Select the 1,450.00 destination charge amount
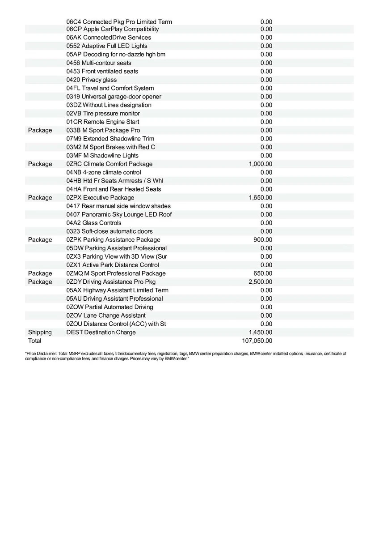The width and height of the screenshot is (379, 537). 260,332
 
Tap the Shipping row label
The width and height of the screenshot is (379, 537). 40,332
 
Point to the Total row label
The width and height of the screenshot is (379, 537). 34,341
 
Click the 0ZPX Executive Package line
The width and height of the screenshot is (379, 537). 100,197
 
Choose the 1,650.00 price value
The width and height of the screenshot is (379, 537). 260,197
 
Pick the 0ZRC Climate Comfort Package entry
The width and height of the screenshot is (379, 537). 109,164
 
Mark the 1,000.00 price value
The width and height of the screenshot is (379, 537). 260,164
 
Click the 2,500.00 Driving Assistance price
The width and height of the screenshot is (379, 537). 260,281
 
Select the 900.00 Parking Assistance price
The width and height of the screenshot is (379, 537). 263,239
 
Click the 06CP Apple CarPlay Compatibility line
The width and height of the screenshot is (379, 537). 112,29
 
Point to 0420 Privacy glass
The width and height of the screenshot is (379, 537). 91,80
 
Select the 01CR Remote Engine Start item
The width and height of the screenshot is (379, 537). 102,122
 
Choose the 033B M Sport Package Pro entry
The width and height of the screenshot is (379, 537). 103,130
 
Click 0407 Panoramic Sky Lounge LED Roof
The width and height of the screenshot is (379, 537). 119,214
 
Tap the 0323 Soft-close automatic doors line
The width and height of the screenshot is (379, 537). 109,231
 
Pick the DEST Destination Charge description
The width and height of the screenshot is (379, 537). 101,332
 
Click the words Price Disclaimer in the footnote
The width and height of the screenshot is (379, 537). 41,354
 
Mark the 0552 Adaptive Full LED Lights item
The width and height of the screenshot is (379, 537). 106,46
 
